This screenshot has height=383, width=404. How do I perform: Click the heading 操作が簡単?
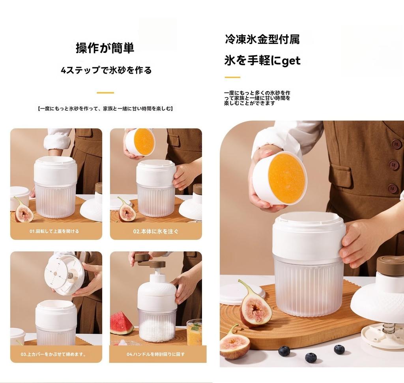105,48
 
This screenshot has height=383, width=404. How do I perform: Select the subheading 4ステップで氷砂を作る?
106,71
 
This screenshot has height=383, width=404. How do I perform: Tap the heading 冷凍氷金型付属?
262,39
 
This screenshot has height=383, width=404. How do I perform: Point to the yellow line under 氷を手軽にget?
232,77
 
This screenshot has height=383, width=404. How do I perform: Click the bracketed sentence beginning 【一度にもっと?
105,108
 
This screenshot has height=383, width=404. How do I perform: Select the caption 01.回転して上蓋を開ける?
54,231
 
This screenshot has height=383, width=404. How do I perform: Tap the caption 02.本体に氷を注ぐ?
155,231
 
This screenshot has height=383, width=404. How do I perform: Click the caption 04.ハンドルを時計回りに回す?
155,354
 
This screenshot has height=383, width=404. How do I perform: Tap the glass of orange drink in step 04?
194,334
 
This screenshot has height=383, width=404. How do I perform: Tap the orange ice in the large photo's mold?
286,178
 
